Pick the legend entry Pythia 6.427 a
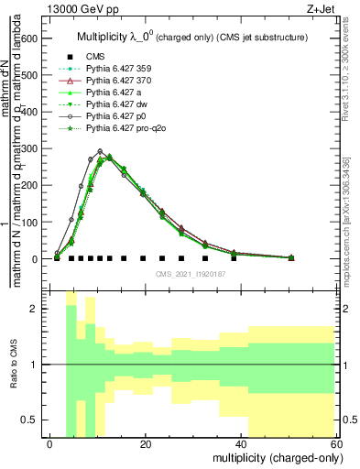click(x=111, y=93)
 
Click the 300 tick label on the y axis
click(x=30, y=148)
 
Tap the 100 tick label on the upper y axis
click(x=30, y=223)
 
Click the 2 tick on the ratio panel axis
click(x=37, y=309)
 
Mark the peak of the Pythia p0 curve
click(x=100, y=151)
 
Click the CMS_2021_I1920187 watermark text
click(x=190, y=274)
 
